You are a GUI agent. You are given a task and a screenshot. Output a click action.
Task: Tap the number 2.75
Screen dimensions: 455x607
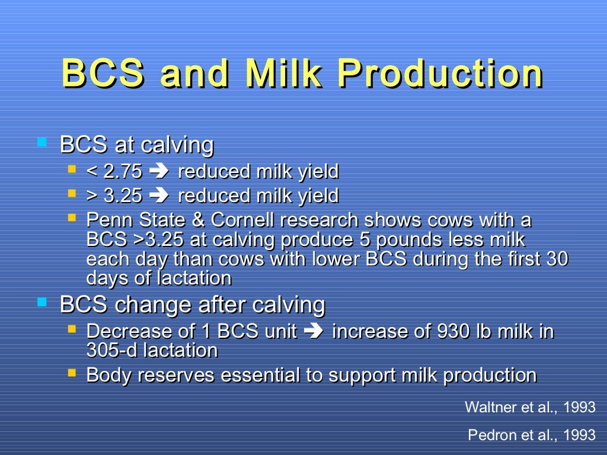pos(123,172)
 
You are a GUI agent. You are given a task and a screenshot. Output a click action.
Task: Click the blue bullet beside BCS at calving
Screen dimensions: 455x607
pos(41,142)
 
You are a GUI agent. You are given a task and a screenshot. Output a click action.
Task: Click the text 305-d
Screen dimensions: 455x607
pos(110,350)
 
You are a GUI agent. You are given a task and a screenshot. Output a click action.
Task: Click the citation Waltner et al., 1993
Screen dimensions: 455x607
pos(530,407)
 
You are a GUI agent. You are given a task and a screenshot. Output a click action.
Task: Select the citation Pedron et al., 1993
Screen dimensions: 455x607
pos(531,435)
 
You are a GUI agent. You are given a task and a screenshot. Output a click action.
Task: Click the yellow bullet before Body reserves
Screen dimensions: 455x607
pos(72,373)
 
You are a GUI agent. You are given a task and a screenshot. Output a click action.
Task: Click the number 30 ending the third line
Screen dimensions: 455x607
pos(557,259)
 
